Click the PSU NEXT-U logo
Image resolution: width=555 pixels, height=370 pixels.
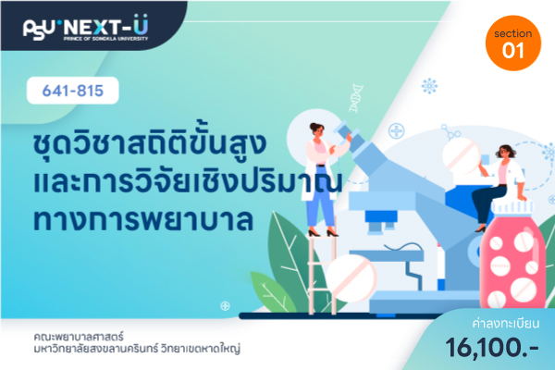(86, 28)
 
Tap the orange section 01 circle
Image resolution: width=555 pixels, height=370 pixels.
(513, 43)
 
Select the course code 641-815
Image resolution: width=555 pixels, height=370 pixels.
(73, 91)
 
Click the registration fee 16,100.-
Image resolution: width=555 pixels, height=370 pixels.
(492, 348)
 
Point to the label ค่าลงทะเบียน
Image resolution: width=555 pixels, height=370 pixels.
(506, 323)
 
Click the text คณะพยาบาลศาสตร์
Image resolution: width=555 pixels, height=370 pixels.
(79, 336)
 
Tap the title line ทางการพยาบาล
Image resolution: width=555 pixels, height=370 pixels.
(143, 219)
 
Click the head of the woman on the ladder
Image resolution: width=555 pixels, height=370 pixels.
(316, 129)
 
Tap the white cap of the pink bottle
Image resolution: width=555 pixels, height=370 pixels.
(512, 207)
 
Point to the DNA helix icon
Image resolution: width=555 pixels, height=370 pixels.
(356, 98)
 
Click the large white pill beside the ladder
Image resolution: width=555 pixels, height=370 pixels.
(351, 278)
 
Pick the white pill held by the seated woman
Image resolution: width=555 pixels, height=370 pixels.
(462, 155)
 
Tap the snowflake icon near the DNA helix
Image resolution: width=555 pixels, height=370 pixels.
(429, 86)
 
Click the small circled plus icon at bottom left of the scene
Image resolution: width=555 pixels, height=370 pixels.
(225, 305)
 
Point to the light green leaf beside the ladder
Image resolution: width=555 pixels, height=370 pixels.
(273, 291)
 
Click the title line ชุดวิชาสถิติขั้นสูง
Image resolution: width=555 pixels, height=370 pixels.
(149, 143)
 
